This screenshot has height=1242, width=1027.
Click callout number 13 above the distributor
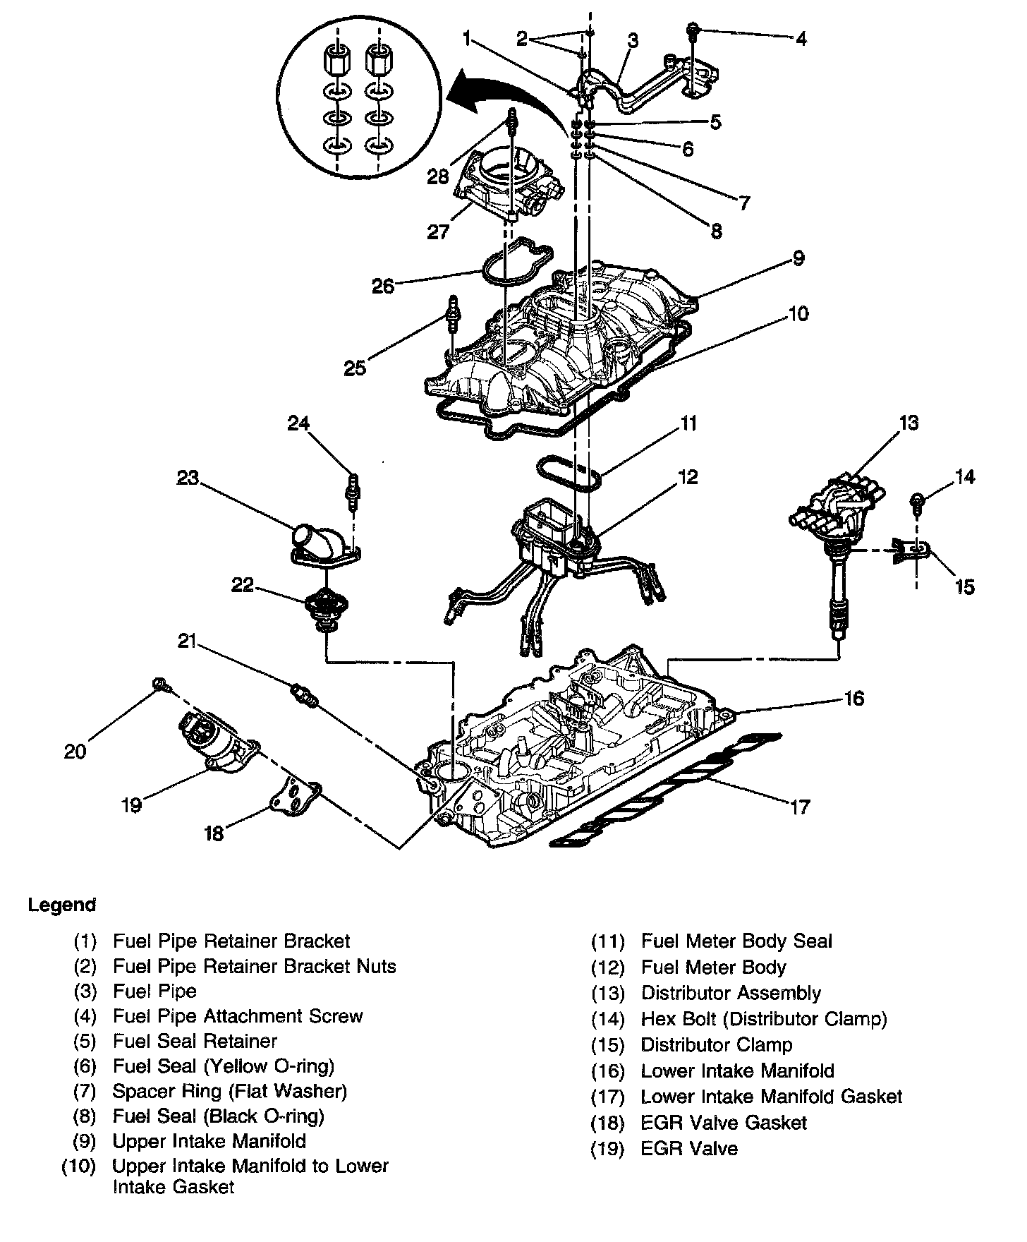click(909, 423)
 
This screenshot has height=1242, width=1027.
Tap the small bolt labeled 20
click(162, 683)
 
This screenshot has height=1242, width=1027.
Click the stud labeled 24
click(351, 488)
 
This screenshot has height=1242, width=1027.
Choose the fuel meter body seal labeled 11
click(568, 472)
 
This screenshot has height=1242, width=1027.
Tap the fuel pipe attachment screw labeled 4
click(693, 30)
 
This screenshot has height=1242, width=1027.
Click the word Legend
click(62, 905)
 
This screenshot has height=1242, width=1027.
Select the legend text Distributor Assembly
click(731, 993)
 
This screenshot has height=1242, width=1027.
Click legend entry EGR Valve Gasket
click(724, 1123)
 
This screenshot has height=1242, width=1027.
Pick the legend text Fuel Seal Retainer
click(195, 1041)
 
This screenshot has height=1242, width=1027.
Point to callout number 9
click(798, 258)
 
